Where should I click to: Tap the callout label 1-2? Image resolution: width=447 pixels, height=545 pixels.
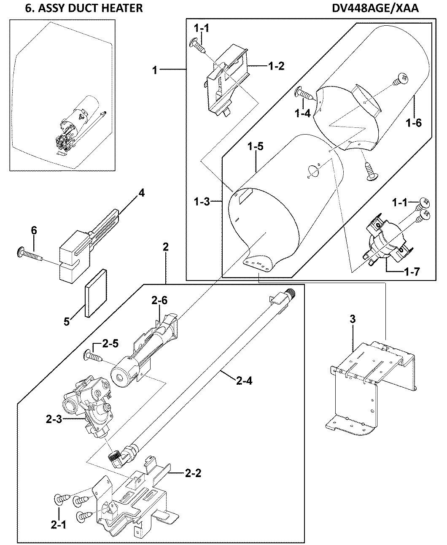tap(276, 66)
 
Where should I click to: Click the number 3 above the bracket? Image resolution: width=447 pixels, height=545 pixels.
tap(353, 319)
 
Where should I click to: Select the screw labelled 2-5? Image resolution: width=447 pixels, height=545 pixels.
tap(95, 356)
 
